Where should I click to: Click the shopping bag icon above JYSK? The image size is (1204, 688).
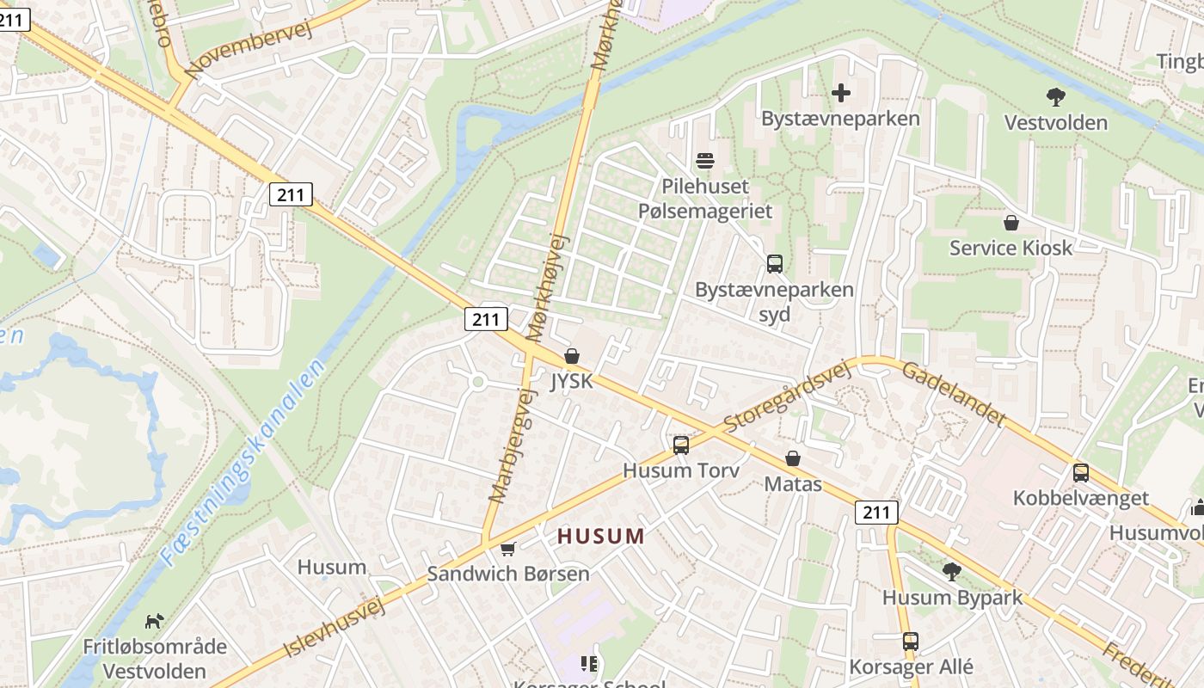571,355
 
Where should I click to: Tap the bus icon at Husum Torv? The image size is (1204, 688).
681,445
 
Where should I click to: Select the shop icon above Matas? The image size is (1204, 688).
792,458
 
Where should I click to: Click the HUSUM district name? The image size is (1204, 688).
600,537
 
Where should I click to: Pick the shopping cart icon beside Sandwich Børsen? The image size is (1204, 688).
508,548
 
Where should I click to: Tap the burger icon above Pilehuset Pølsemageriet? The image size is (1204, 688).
705,160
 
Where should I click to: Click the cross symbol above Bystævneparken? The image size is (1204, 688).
841,93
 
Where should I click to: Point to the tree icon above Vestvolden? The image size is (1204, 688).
1056,96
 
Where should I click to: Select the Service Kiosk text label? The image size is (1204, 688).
1010,248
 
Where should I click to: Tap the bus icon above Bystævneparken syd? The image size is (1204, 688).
774,263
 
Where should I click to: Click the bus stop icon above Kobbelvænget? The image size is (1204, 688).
1081,472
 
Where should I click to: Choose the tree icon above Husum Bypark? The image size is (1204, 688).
952,571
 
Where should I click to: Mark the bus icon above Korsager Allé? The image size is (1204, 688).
911,641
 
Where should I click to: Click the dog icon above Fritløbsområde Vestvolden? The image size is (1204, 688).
155,620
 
